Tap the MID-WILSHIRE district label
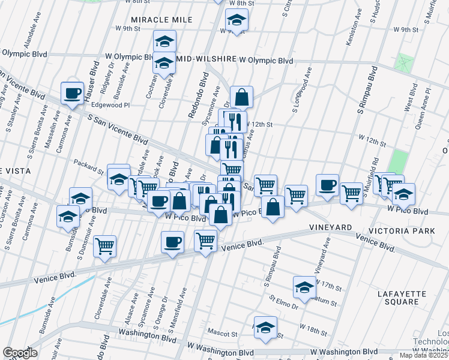click(206, 61)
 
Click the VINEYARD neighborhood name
click(330, 228)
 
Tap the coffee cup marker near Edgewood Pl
click(73, 93)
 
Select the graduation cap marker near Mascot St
click(265, 328)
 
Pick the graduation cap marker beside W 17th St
click(305, 287)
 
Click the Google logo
click(20, 353)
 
